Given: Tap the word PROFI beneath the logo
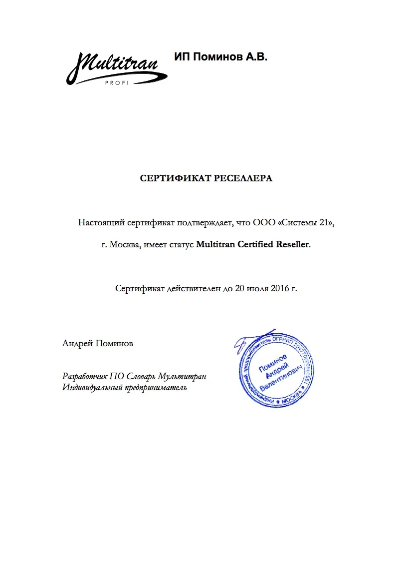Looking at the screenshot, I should coord(117,82).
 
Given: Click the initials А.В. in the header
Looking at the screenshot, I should coord(256,57).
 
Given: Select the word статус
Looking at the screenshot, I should coord(181,245).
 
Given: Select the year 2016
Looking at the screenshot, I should coord(279,288).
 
